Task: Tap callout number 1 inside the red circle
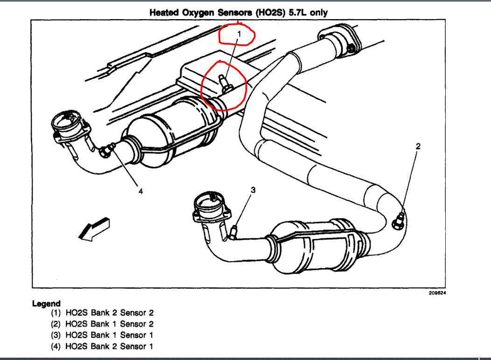[x=239, y=34]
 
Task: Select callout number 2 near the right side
[x=418, y=146]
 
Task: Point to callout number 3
[x=253, y=190]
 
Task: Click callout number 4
[x=140, y=191]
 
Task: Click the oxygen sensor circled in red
[x=225, y=84]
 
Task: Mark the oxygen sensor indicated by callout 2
[x=398, y=219]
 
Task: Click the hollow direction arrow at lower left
[x=93, y=228]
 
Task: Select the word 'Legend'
[x=46, y=304]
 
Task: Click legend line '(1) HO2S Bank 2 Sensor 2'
[x=102, y=313]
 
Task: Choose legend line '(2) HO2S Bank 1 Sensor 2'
[x=102, y=324]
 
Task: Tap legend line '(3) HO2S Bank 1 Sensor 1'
[x=102, y=335]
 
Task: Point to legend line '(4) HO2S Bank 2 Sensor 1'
[x=102, y=346]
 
